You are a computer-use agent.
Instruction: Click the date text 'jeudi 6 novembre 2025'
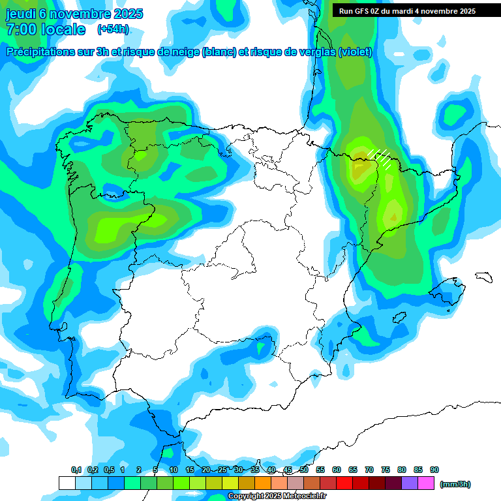tap(74, 14)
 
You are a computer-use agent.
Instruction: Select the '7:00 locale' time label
tap(46, 29)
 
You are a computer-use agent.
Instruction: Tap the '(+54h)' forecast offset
tap(113, 29)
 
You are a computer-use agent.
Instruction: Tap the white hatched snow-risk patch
tap(380, 157)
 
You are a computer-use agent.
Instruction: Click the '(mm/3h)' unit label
tap(455, 484)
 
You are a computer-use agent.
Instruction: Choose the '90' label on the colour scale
tap(434, 470)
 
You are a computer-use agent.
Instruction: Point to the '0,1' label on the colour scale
tap(76, 470)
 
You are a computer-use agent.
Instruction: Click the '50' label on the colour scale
tap(304, 470)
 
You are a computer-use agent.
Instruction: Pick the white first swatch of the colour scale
tap(67, 483)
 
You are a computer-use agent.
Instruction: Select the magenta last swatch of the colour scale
tap(426, 483)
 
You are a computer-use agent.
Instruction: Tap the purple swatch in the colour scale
tap(410, 483)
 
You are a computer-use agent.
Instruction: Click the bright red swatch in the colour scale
tap(344, 483)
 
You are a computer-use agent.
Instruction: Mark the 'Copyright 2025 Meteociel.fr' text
tap(277, 496)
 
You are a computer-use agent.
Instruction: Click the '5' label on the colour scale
tap(155, 470)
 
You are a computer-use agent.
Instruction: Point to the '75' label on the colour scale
tap(386, 470)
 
